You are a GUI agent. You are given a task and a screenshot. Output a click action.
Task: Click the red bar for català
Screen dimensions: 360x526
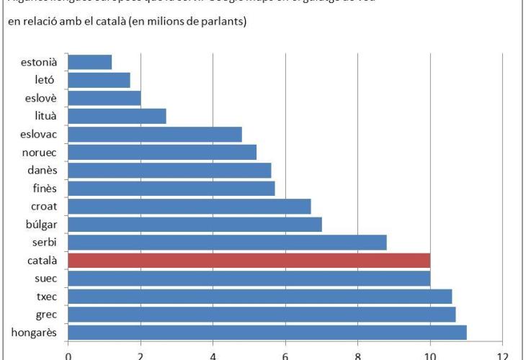tap(249, 260)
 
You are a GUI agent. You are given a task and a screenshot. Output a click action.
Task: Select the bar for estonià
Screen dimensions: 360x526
tap(89, 62)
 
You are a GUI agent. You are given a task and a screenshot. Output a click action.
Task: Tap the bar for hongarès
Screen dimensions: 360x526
tap(267, 332)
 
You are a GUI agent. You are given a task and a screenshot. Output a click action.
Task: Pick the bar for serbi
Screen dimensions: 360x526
tap(227, 242)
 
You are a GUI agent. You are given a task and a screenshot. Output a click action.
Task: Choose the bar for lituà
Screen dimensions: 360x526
tap(117, 116)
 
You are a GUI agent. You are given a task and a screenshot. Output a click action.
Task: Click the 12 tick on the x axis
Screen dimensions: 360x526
tap(503, 354)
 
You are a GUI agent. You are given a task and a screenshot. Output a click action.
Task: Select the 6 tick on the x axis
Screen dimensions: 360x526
tap(285, 354)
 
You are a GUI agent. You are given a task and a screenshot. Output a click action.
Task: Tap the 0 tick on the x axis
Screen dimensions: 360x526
tap(68, 354)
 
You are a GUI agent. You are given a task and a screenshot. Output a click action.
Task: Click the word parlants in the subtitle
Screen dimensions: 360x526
tap(221, 23)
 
